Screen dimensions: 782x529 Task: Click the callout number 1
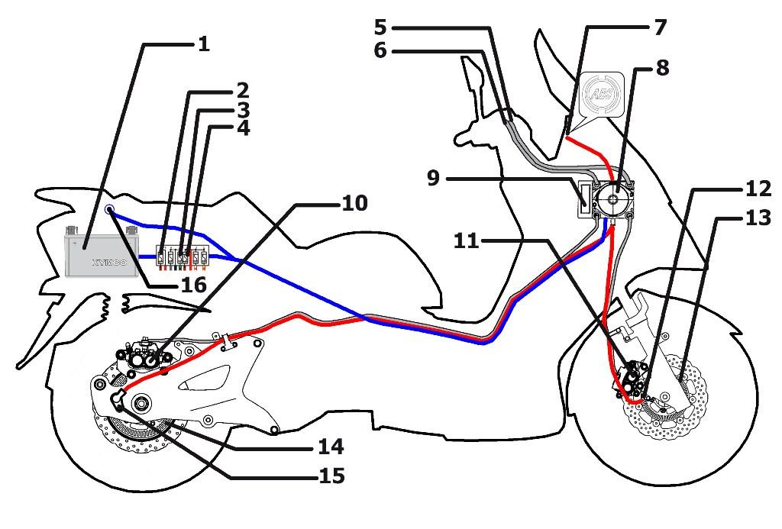(203, 44)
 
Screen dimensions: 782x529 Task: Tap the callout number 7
(660, 27)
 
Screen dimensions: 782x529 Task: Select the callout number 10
(354, 203)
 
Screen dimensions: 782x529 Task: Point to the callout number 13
(758, 218)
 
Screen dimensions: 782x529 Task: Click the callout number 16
(193, 285)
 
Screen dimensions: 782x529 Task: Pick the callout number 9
(434, 178)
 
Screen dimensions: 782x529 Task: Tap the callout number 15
(331, 476)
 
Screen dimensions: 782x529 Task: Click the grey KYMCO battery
(102, 251)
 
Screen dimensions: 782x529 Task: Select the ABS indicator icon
(603, 94)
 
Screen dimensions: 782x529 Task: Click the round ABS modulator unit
(613, 198)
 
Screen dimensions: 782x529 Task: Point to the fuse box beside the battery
(183, 257)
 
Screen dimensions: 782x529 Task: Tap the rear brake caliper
(144, 355)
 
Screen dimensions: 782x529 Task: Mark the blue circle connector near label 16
(109, 209)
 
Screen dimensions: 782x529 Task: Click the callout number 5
(380, 27)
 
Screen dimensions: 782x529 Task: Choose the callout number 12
(758, 189)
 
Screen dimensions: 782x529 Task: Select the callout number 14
(331, 447)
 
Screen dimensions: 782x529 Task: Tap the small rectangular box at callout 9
(585, 198)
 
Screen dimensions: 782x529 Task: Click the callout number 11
(466, 241)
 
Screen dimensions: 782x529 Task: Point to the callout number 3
(243, 111)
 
